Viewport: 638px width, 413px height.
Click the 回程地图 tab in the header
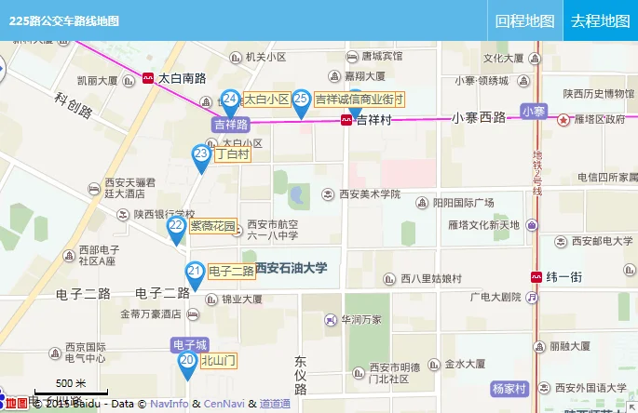tap(525, 20)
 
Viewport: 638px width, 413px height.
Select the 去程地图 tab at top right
tap(601, 20)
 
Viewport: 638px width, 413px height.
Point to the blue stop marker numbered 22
tap(176, 228)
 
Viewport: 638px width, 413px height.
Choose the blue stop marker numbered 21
tap(195, 273)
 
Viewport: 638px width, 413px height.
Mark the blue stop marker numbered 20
tap(186, 363)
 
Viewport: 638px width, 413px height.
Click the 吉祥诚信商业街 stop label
tap(359, 100)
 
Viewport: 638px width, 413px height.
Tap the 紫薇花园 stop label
tap(213, 225)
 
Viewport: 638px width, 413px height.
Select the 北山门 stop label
tap(220, 360)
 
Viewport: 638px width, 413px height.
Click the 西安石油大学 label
tap(292, 268)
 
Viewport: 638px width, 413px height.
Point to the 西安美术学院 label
tap(367, 194)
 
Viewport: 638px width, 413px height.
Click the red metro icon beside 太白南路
tap(148, 79)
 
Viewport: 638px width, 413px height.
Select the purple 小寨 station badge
tap(534, 111)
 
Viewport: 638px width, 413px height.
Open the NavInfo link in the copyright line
tap(169, 404)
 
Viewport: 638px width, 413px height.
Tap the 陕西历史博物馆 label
tap(598, 93)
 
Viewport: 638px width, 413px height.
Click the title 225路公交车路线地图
tap(64, 20)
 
